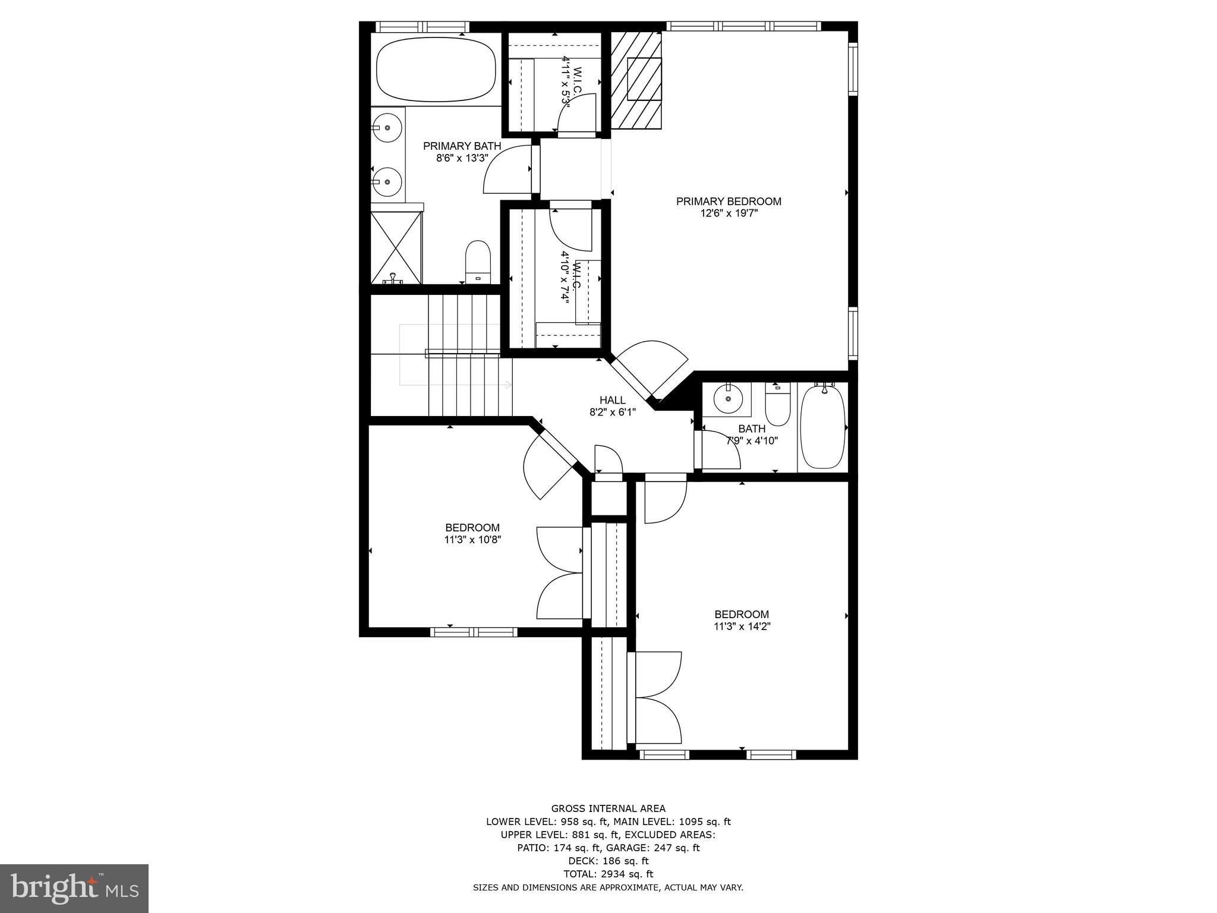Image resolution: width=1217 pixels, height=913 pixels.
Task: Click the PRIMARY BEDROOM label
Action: [x=729, y=202]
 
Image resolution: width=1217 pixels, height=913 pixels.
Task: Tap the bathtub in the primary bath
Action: [x=437, y=69]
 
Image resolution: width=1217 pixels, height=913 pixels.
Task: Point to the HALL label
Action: [x=612, y=401]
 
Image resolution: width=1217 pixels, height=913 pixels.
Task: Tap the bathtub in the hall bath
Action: [x=822, y=427]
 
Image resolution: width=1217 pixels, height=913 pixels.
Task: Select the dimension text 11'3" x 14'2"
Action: [x=742, y=626]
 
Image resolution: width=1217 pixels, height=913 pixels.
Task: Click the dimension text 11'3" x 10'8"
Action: [x=472, y=540]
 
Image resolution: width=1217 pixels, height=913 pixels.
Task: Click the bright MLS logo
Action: [x=74, y=889]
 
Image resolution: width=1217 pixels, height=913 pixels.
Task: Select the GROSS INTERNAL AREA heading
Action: [x=608, y=808]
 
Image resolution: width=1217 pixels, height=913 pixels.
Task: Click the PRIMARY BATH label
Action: [x=462, y=146]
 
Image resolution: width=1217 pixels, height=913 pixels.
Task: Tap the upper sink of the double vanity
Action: [x=388, y=127]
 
